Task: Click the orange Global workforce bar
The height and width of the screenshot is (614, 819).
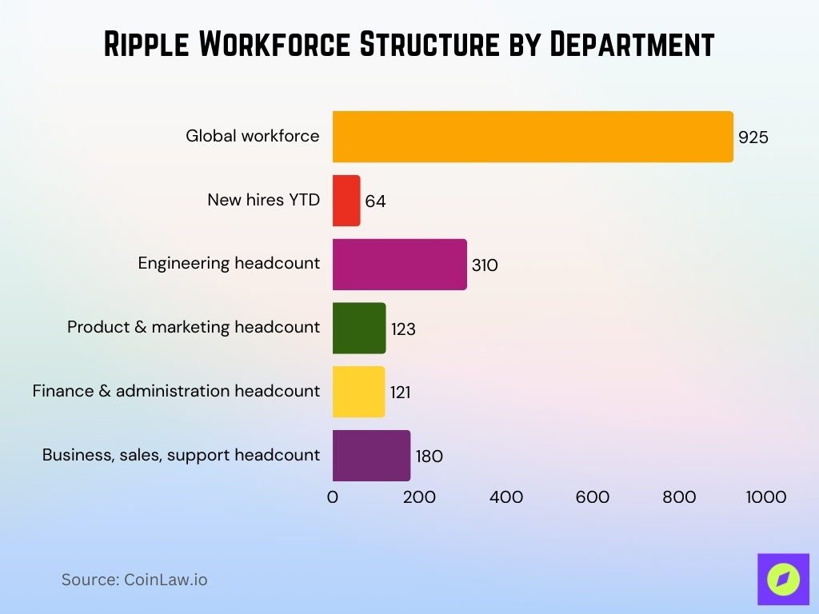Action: (x=533, y=137)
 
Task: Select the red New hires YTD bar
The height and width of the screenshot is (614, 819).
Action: (x=346, y=201)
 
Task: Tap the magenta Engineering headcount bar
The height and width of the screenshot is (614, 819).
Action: (x=399, y=265)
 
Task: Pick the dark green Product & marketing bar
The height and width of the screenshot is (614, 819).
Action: (x=359, y=329)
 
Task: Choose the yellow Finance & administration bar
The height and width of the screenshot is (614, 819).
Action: (x=358, y=392)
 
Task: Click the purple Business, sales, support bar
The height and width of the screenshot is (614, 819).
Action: (x=371, y=456)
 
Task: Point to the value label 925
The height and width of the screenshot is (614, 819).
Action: (x=753, y=138)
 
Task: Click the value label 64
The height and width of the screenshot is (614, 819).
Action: (x=375, y=201)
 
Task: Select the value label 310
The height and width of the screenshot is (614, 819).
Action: (x=485, y=265)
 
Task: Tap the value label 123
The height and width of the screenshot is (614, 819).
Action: (x=403, y=329)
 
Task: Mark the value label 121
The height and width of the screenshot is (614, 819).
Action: (x=402, y=393)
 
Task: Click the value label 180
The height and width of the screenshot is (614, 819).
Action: (x=429, y=457)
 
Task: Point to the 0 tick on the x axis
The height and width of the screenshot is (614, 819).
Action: (x=333, y=497)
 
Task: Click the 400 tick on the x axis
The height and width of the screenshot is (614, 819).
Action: (x=506, y=497)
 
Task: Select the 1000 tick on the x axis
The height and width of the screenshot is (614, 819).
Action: (x=765, y=497)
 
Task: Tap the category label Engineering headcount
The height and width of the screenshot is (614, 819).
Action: (x=229, y=263)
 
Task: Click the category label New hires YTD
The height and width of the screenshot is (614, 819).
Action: (x=263, y=200)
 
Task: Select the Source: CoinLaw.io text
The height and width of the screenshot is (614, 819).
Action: (x=134, y=580)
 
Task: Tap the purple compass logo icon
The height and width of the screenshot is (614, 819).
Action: (x=783, y=579)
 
